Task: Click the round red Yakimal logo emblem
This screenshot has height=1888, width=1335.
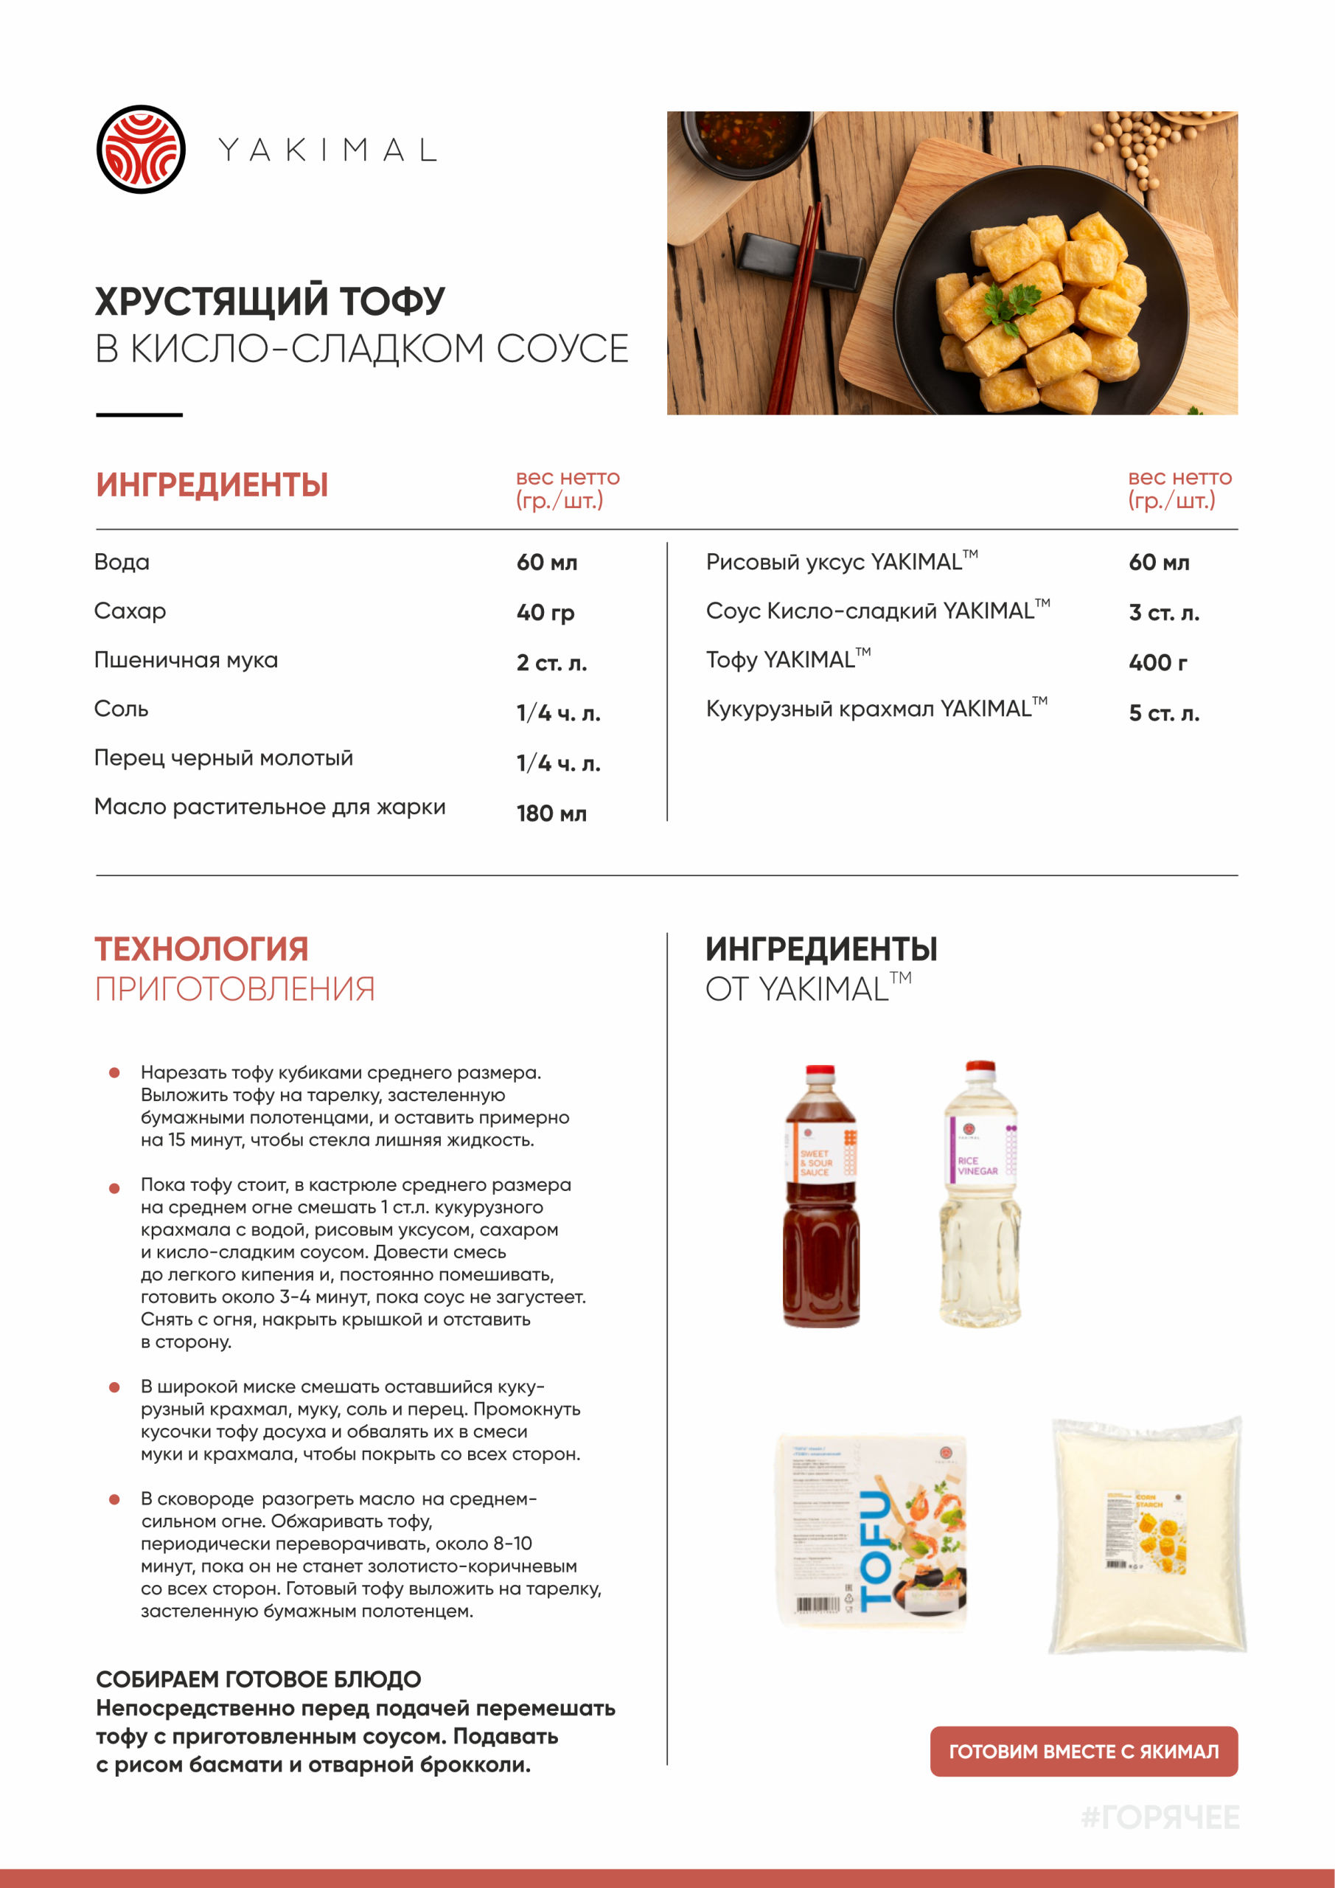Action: tap(141, 150)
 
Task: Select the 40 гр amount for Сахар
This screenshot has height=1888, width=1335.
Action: tap(545, 613)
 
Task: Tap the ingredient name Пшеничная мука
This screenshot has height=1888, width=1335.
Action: tap(186, 660)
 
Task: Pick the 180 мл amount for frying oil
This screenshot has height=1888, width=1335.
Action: tap(551, 814)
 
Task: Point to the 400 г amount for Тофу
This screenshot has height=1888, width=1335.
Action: tap(1157, 663)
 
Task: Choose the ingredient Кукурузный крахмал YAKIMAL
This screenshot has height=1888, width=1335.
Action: tap(876, 709)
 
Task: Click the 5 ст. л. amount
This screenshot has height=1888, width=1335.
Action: tap(1163, 713)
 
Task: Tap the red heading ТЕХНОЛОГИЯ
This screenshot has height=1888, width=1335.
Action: tap(201, 949)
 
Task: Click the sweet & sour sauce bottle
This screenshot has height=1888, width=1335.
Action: tap(820, 1196)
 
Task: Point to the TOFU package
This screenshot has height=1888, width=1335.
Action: tap(872, 1532)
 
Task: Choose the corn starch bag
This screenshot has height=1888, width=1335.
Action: tap(1148, 1535)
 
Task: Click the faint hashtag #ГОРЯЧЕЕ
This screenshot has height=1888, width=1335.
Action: tap(1160, 1816)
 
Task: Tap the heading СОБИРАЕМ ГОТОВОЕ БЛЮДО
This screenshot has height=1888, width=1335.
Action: tap(258, 1679)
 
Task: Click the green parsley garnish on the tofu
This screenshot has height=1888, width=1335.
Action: tap(1013, 302)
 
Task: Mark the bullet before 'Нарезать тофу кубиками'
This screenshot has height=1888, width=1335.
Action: tap(115, 1072)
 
